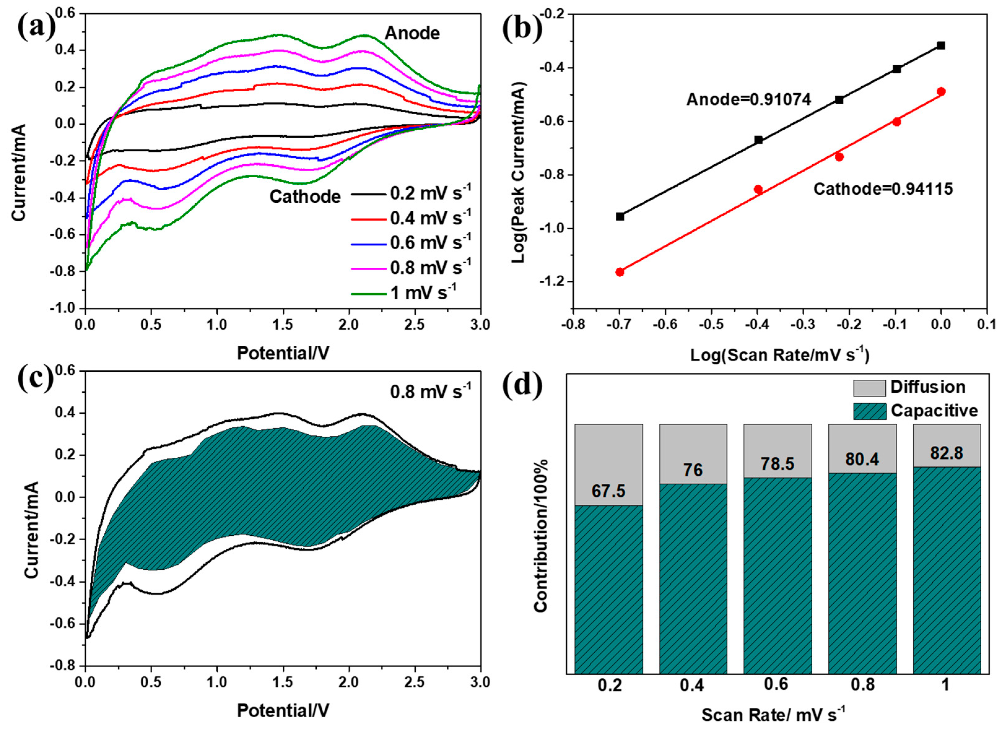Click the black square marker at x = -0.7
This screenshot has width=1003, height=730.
[x=620, y=216]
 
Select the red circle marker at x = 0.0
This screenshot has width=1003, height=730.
[x=941, y=92]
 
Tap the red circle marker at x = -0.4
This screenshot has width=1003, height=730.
[x=758, y=189]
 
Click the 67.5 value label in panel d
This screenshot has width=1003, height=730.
[x=609, y=491]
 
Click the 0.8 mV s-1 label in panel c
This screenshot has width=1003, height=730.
[x=431, y=391]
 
